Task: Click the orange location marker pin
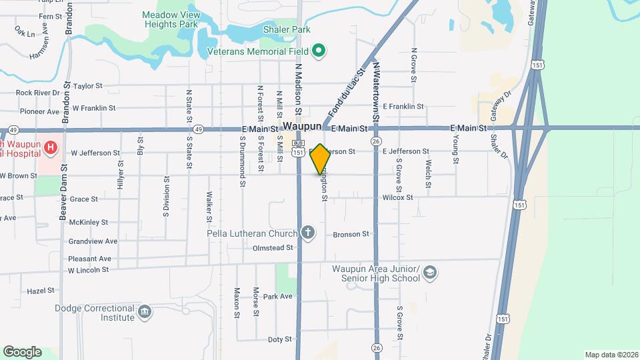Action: pos(321,159)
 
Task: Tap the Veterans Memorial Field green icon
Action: pos(319,51)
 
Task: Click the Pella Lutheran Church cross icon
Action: pos(307,233)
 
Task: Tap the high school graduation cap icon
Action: pos(430,272)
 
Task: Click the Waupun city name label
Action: pos(302,126)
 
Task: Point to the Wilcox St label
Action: pos(398,197)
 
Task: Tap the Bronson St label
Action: pos(351,234)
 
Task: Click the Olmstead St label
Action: pos(273,247)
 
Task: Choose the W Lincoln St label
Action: pos(88,270)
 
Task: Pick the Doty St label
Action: pos(280,339)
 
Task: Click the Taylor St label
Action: pos(88,86)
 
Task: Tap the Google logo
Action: pos(22,352)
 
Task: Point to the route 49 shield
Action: pos(199,129)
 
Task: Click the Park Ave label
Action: pos(278,296)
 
